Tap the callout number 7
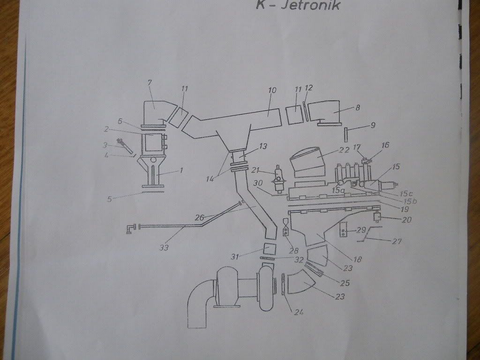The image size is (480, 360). coord(150,83)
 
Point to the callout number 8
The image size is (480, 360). coord(358,107)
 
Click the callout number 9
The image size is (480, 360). coord(373,126)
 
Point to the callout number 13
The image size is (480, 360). coord(262,147)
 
